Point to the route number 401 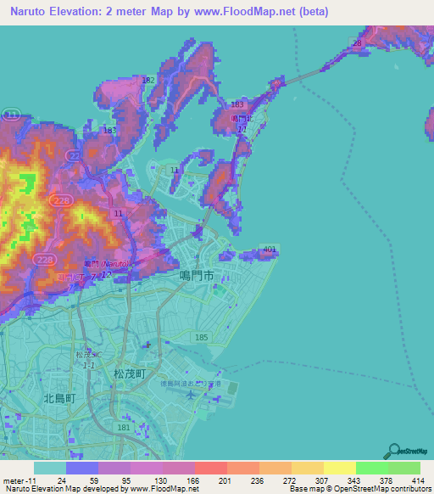[x=270, y=249]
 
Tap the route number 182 [x=148, y=80]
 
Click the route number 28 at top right [x=357, y=42]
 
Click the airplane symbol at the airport [x=196, y=383]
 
